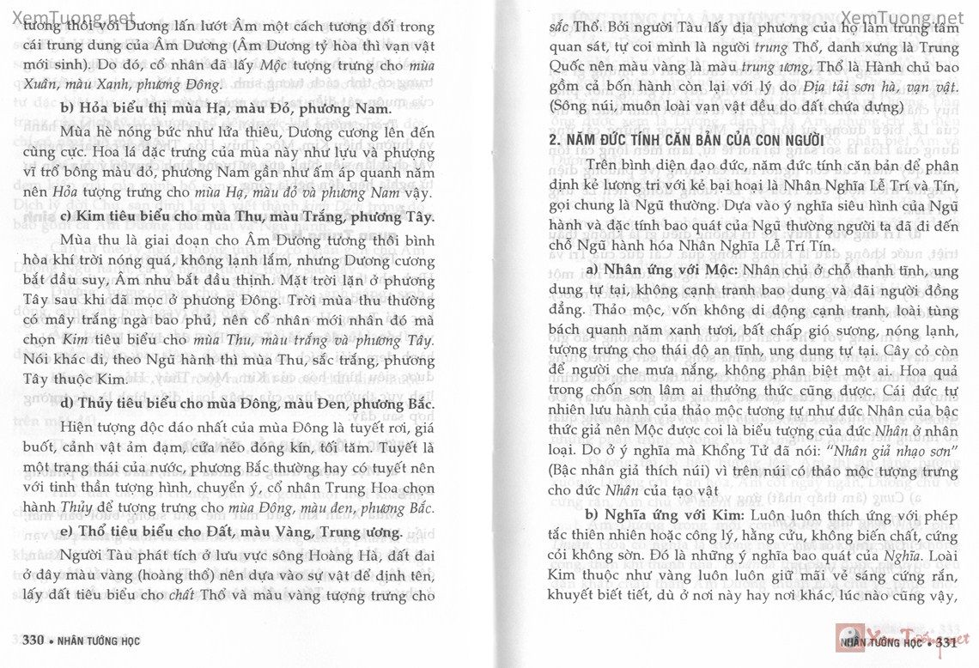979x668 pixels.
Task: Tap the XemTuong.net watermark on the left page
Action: click(69, 18)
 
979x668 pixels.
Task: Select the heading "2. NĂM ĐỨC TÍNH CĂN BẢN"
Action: click(686, 141)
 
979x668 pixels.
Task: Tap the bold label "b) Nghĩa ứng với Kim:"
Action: click(666, 514)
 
